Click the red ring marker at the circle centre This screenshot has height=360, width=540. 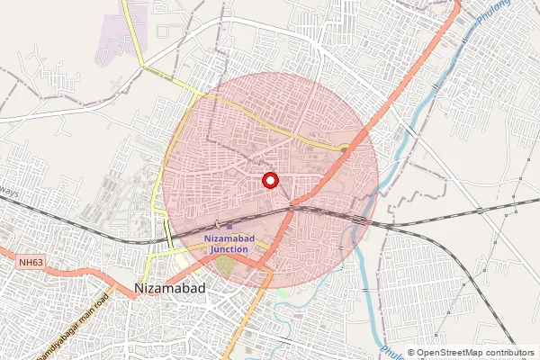pos(268,179)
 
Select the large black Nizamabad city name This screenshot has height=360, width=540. pos(170,288)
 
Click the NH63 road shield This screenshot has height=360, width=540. pos(30,262)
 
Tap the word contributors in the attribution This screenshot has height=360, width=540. pos(507,353)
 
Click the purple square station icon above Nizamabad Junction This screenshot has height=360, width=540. pos(229,227)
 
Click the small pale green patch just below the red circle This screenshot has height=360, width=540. pos(282,293)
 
